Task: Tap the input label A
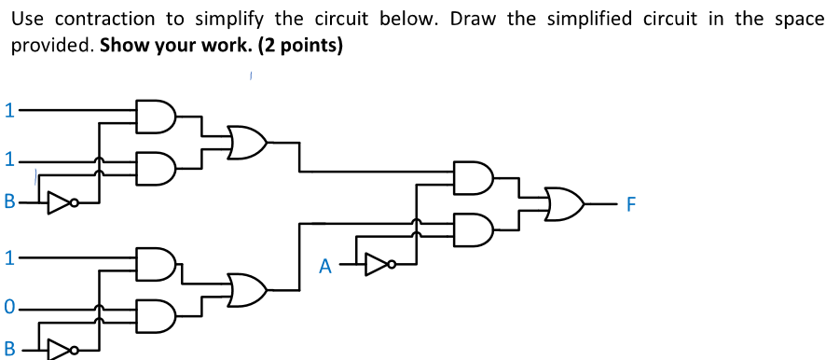[x=324, y=267]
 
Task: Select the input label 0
[x=8, y=306]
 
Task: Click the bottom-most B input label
[x=9, y=351]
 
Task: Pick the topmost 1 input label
[x=8, y=109]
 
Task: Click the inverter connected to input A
[x=377, y=266]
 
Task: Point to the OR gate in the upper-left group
[x=247, y=143]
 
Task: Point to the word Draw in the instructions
[x=474, y=19]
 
